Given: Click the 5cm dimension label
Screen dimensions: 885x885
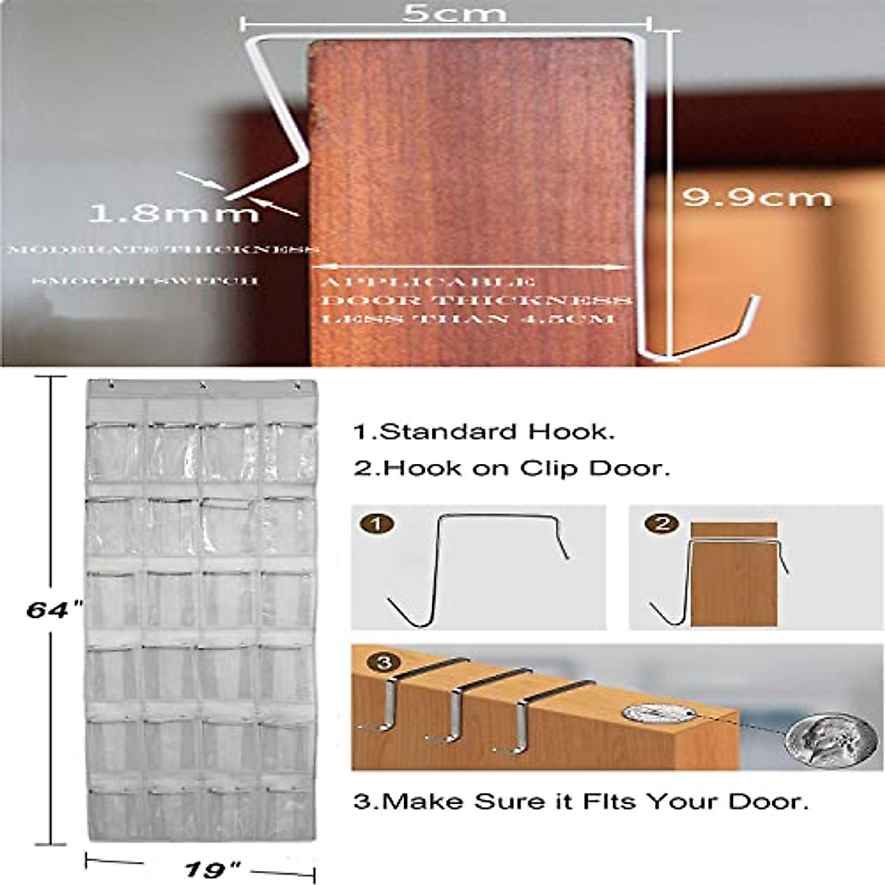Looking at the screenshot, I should tap(454, 13).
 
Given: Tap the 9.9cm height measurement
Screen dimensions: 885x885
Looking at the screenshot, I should tap(756, 197).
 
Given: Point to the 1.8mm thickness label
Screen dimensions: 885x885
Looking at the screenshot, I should tap(174, 214).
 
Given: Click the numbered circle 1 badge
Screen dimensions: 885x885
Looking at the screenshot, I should tap(378, 525).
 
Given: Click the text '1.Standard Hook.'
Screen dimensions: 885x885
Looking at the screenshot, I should tap(484, 432).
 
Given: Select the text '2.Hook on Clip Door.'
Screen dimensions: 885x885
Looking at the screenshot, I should tap(512, 468).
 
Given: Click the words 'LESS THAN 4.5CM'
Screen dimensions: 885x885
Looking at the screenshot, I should tap(468, 319).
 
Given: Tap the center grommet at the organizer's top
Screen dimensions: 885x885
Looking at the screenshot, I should tap(201, 386).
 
